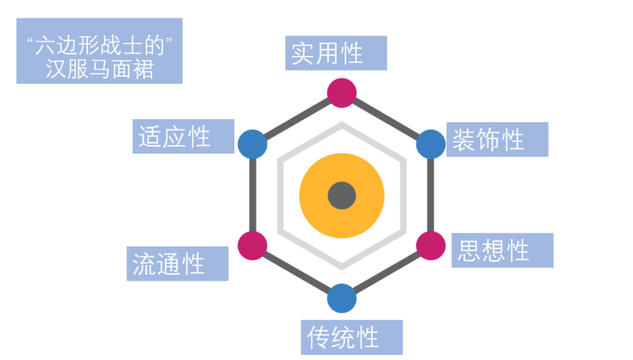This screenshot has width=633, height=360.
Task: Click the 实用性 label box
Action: (336, 53)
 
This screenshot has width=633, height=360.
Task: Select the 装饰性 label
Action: (497, 140)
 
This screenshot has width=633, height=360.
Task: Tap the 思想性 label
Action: (502, 250)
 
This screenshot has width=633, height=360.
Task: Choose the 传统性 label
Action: (352, 337)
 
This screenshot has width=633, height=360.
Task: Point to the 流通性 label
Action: (177, 263)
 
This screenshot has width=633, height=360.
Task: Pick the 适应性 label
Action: (183, 137)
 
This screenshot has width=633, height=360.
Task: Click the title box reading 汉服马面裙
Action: (99, 51)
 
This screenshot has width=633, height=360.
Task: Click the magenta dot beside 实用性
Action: (342, 93)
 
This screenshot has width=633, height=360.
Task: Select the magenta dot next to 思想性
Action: (431, 246)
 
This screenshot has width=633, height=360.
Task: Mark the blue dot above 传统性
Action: (342, 298)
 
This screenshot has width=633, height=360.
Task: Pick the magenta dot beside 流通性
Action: (253, 246)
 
